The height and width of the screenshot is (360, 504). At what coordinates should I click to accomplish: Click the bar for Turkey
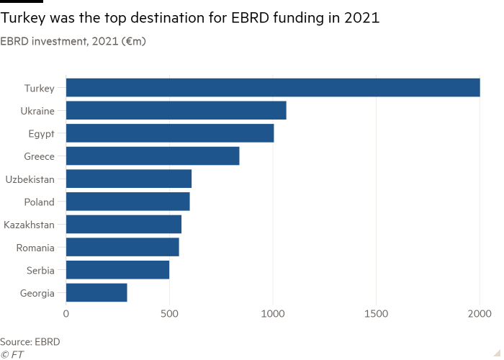(x=273, y=88)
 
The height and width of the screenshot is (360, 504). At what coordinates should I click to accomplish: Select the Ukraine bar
(x=176, y=111)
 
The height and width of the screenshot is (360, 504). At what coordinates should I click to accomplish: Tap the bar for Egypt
(x=170, y=134)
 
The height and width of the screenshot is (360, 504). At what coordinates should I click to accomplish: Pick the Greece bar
(x=153, y=156)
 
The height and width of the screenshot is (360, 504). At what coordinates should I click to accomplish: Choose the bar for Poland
(x=128, y=202)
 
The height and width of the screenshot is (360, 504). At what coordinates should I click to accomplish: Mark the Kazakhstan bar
(x=124, y=225)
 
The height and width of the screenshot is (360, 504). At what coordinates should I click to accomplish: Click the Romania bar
(x=122, y=248)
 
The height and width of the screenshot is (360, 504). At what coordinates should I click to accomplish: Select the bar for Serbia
(x=118, y=271)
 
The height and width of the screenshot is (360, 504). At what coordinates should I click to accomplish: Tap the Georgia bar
(x=96, y=293)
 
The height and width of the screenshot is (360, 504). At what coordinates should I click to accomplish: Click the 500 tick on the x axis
(x=169, y=314)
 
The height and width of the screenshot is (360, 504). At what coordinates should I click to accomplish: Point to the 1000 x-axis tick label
(x=273, y=314)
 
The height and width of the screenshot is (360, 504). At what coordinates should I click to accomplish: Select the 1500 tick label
(x=376, y=314)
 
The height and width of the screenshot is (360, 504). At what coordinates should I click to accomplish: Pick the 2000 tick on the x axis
(x=480, y=314)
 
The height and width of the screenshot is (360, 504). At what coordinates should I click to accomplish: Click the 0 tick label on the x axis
(x=66, y=314)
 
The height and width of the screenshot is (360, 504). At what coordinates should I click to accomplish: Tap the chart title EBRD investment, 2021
(x=73, y=41)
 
